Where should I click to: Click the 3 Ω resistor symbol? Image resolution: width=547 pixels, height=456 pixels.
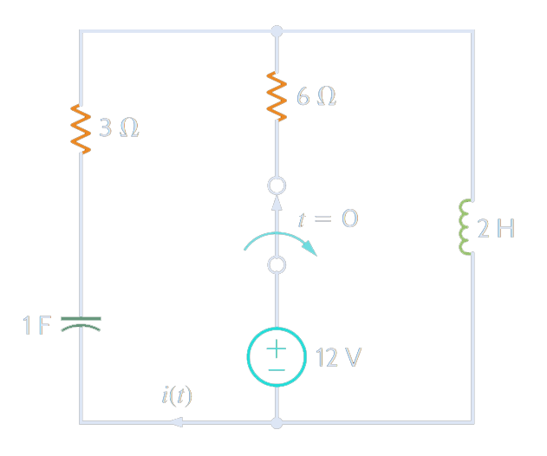[x=81, y=129]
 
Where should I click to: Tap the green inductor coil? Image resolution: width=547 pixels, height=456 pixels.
[x=467, y=229]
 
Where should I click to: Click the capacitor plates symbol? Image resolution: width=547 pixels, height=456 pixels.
[x=81, y=324]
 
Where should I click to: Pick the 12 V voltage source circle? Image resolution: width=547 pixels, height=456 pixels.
[x=277, y=357]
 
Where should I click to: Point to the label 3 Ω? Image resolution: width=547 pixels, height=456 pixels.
[x=118, y=129]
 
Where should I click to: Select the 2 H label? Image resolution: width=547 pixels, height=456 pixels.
[x=496, y=230]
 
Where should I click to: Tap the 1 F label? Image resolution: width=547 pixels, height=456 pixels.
[x=37, y=326]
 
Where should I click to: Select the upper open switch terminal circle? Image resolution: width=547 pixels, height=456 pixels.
[x=277, y=186]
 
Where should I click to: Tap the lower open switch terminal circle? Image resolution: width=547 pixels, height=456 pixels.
[x=277, y=265]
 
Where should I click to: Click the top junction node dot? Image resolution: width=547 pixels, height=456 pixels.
[x=277, y=31]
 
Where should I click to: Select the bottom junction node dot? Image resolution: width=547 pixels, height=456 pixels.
[x=277, y=423]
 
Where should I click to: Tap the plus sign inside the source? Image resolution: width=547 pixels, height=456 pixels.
[x=276, y=349]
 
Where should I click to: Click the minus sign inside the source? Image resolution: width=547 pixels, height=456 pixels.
[x=276, y=368]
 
